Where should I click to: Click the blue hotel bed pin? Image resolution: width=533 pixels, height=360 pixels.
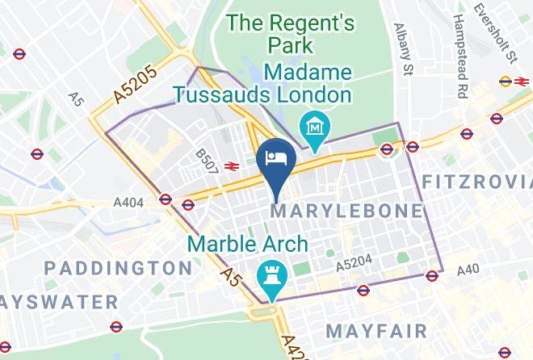(275, 157)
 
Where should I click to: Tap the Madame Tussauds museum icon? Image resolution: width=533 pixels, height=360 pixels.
(311, 126)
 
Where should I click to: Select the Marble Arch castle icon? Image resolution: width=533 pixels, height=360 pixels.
(269, 274)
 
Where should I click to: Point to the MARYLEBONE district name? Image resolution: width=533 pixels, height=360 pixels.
(347, 211)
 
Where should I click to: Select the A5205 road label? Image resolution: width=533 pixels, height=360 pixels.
(135, 85)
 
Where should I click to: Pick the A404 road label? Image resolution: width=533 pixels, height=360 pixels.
(128, 203)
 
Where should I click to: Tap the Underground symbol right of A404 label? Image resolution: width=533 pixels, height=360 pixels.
(166, 199)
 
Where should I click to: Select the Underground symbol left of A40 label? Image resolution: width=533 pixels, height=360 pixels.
(432, 275)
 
